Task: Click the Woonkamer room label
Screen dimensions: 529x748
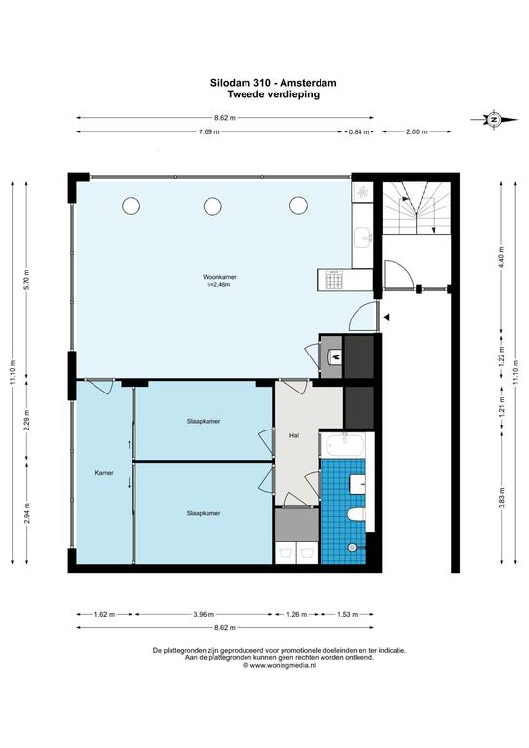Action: click(x=219, y=277)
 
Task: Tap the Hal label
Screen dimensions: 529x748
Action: click(x=294, y=435)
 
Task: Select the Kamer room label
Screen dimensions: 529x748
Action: click(x=104, y=473)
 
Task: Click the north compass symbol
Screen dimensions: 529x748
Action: click(x=494, y=119)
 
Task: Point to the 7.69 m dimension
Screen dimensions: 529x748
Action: click(x=209, y=132)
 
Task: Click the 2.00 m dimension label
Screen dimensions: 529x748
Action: click(x=416, y=132)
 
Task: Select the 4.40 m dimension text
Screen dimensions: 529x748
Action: click(x=501, y=257)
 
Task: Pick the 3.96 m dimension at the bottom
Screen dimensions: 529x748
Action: click(x=204, y=614)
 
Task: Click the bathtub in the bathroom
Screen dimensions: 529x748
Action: click(x=346, y=445)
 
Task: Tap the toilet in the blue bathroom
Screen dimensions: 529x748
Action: click(x=356, y=514)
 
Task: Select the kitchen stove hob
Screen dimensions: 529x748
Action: click(x=334, y=280)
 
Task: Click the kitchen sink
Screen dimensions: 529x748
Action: click(x=364, y=237)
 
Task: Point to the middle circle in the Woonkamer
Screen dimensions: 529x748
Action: click(x=212, y=206)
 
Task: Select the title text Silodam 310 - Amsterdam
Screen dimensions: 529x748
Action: click(x=274, y=83)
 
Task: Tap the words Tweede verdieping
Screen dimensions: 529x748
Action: click(x=274, y=93)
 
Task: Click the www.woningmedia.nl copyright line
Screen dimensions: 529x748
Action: click(x=279, y=666)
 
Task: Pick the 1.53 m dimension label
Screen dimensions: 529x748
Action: click(x=347, y=614)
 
